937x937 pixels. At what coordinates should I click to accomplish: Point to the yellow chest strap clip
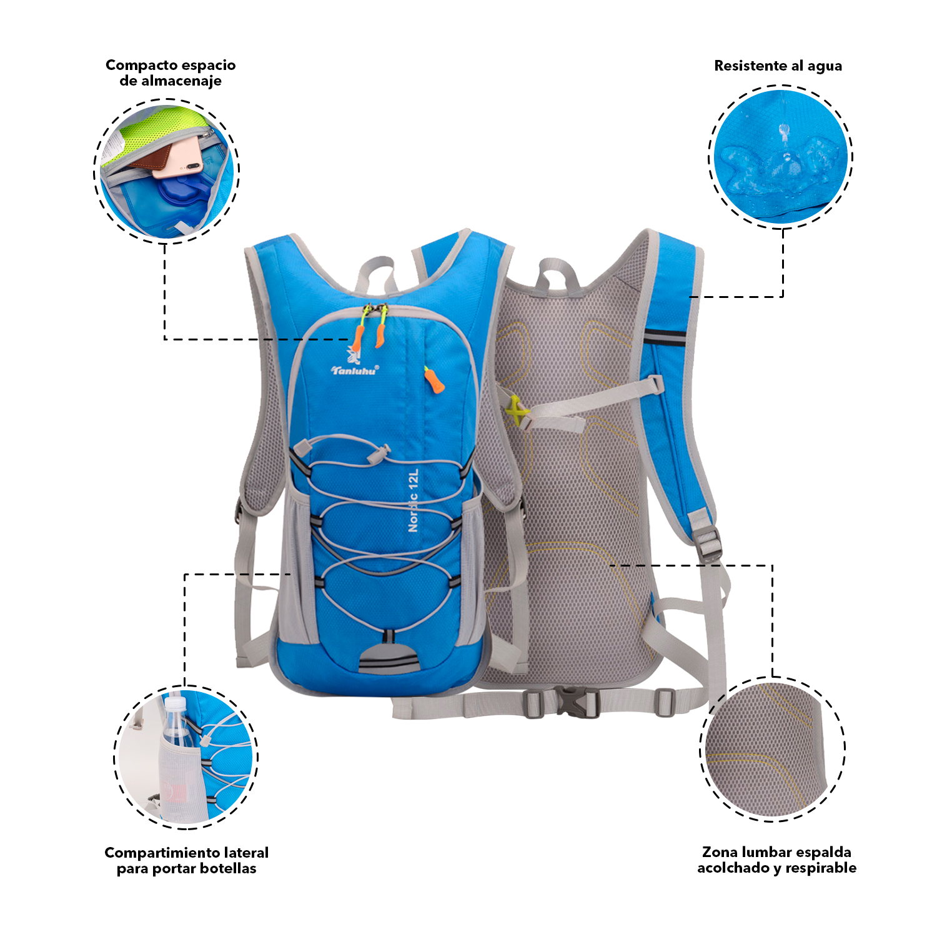(x=515, y=410)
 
